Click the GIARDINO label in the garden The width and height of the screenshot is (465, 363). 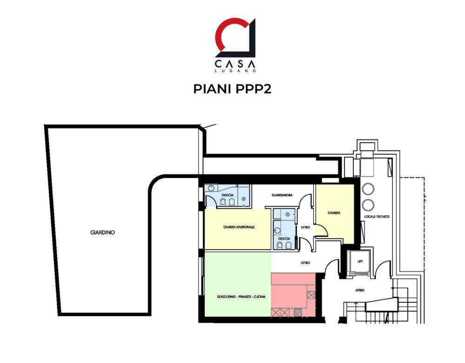point(102,233)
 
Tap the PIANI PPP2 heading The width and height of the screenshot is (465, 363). point(232,89)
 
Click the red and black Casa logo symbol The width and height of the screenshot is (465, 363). point(235,38)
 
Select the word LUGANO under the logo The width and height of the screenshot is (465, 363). point(235,71)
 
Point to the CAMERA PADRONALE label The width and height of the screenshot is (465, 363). point(239,227)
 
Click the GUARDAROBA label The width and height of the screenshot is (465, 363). point(282,195)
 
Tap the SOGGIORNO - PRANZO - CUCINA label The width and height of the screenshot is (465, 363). point(241,297)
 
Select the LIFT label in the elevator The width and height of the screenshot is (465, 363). point(360,261)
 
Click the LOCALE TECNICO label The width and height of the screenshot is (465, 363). point(377,217)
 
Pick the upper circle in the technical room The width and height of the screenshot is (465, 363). point(368,189)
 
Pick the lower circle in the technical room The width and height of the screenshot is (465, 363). point(368,205)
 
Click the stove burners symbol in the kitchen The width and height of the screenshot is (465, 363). point(298,312)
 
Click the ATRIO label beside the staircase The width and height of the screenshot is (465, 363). point(360,291)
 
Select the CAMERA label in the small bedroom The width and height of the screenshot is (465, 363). point(334,213)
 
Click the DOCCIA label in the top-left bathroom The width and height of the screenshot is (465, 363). point(227,195)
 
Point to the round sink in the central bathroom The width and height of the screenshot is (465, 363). point(277,229)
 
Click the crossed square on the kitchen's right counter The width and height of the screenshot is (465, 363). point(312,295)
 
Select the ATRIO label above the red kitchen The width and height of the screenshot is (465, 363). point(305,263)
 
